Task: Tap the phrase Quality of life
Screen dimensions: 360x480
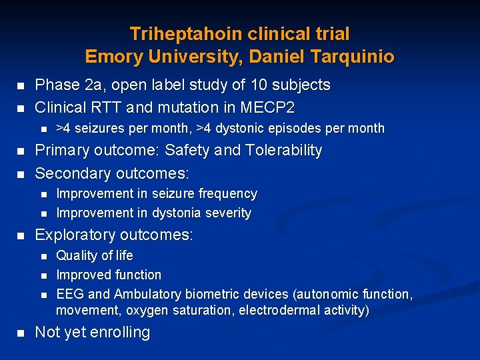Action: [x=95, y=255]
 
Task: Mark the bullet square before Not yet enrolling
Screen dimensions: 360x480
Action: [x=20, y=333]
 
